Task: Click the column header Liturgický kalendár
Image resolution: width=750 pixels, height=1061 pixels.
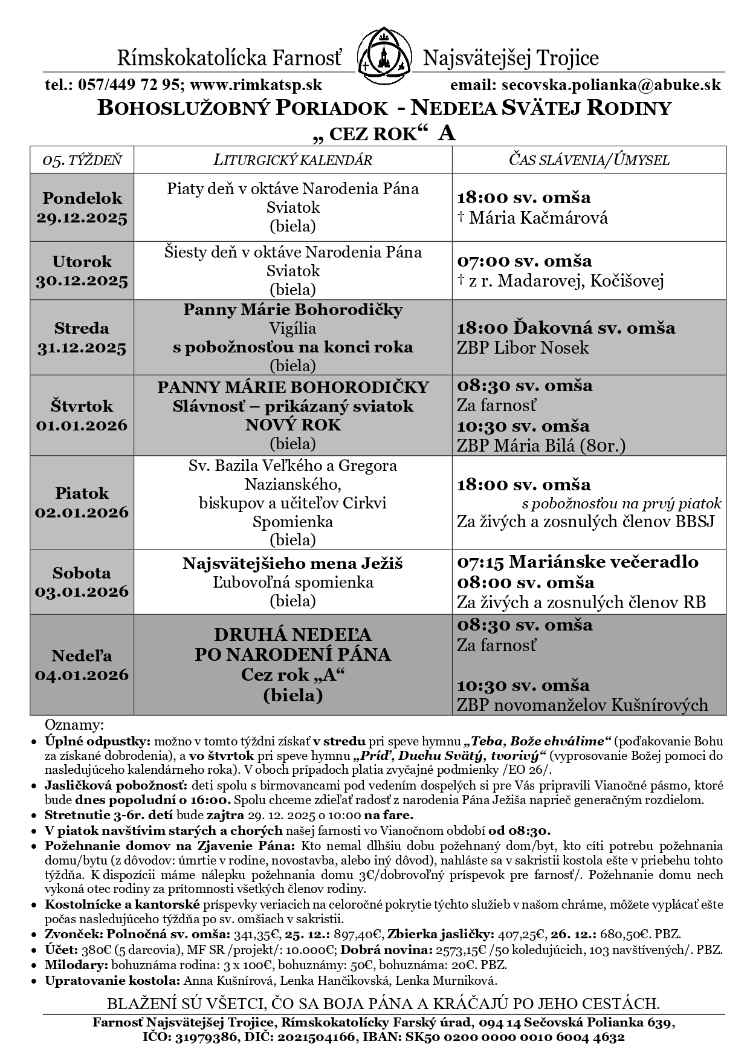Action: [x=293, y=160]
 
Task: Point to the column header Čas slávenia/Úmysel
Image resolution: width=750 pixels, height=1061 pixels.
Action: [x=589, y=160]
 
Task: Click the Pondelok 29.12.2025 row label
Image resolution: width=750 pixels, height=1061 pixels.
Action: [x=82, y=207]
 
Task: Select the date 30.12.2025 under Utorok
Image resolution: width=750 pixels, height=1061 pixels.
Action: [x=82, y=281]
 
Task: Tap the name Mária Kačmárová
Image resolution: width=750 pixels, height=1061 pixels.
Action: [x=538, y=218]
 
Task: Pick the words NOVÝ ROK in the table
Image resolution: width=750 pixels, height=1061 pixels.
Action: [x=293, y=425]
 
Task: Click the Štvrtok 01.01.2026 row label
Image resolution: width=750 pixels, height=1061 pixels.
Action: [x=82, y=415]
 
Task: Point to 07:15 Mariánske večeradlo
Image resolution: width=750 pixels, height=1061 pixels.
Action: [x=577, y=562]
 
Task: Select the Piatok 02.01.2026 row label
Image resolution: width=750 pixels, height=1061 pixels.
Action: [x=82, y=502]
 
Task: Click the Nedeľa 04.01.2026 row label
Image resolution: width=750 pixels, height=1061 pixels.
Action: [x=82, y=665]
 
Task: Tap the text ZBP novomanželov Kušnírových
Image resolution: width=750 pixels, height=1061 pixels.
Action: [x=582, y=705]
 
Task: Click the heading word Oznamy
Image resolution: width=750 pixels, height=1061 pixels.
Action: [x=74, y=724]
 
